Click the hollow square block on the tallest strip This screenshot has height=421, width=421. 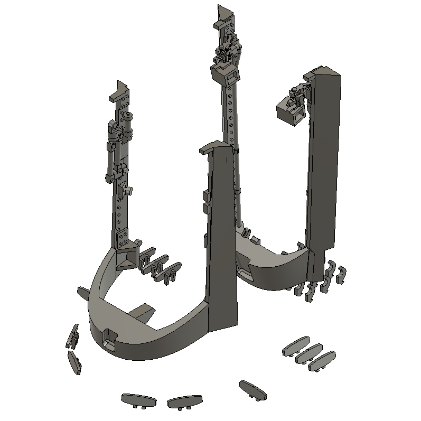point(226,78)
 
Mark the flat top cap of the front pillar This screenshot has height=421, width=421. point(215,148)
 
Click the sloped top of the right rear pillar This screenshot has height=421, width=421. point(324,72)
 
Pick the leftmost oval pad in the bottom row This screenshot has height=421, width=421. point(138,400)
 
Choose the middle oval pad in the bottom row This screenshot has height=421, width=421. point(185,401)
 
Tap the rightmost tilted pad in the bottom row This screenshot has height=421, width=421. point(252,389)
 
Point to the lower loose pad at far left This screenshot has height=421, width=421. point(74,362)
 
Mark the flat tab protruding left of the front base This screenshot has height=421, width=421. point(83,292)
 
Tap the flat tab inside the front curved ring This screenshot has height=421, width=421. point(142,312)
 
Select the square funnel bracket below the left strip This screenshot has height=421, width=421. point(127,259)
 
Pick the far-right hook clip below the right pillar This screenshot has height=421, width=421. point(342,274)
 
